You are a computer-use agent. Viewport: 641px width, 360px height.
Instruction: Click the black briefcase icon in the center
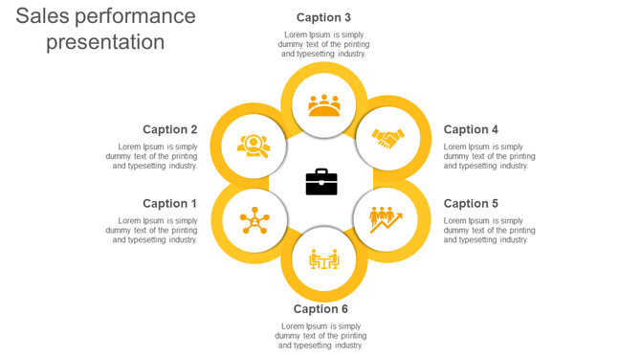321,182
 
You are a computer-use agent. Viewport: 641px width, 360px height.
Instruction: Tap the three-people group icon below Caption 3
324,104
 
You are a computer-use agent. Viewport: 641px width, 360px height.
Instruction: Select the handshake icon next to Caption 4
388,140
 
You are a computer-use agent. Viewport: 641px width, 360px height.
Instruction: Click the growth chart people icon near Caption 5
387,219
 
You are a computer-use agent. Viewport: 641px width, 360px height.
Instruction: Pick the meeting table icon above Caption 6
324,259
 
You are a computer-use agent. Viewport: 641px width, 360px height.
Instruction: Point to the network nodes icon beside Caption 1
254,220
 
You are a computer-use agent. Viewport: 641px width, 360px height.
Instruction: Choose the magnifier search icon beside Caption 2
254,146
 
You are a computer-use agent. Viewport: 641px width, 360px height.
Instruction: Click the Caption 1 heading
169,203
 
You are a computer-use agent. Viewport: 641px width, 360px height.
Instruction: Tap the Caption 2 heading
169,129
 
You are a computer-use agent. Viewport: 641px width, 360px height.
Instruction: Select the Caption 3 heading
323,17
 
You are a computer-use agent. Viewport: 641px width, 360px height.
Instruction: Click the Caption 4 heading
471,129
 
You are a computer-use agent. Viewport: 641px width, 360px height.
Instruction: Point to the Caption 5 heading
471,203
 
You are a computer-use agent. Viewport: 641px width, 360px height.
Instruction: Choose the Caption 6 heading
320,308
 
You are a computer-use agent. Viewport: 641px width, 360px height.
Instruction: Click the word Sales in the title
41,16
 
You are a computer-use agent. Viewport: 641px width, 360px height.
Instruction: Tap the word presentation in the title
105,42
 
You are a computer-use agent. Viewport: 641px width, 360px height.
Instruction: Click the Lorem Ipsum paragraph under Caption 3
323,44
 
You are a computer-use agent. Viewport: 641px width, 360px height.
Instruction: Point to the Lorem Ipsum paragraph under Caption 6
320,335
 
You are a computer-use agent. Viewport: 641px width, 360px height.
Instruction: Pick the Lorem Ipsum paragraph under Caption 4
489,156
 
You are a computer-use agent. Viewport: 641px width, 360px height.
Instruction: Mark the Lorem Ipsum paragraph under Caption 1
152,230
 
